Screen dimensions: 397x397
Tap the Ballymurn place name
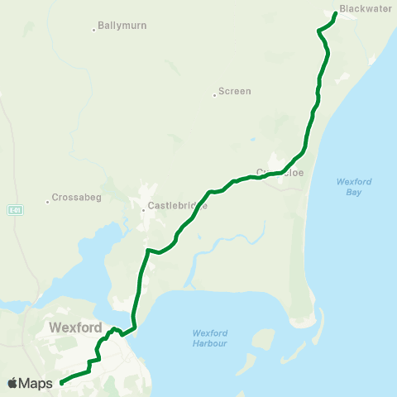tap(122, 26)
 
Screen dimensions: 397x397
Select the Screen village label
tap(235, 91)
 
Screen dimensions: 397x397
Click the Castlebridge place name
tap(177, 206)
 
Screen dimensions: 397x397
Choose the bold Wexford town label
tap(75, 327)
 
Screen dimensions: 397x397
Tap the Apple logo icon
tap(13, 383)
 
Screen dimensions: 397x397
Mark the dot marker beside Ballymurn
tap(94, 30)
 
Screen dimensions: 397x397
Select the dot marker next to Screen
tap(214, 94)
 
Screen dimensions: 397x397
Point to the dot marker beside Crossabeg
tap(48, 201)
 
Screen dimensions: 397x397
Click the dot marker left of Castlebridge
tap(143, 209)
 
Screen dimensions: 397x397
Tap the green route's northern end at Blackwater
tap(334, 14)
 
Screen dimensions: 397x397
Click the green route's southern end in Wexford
tap(62, 382)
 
